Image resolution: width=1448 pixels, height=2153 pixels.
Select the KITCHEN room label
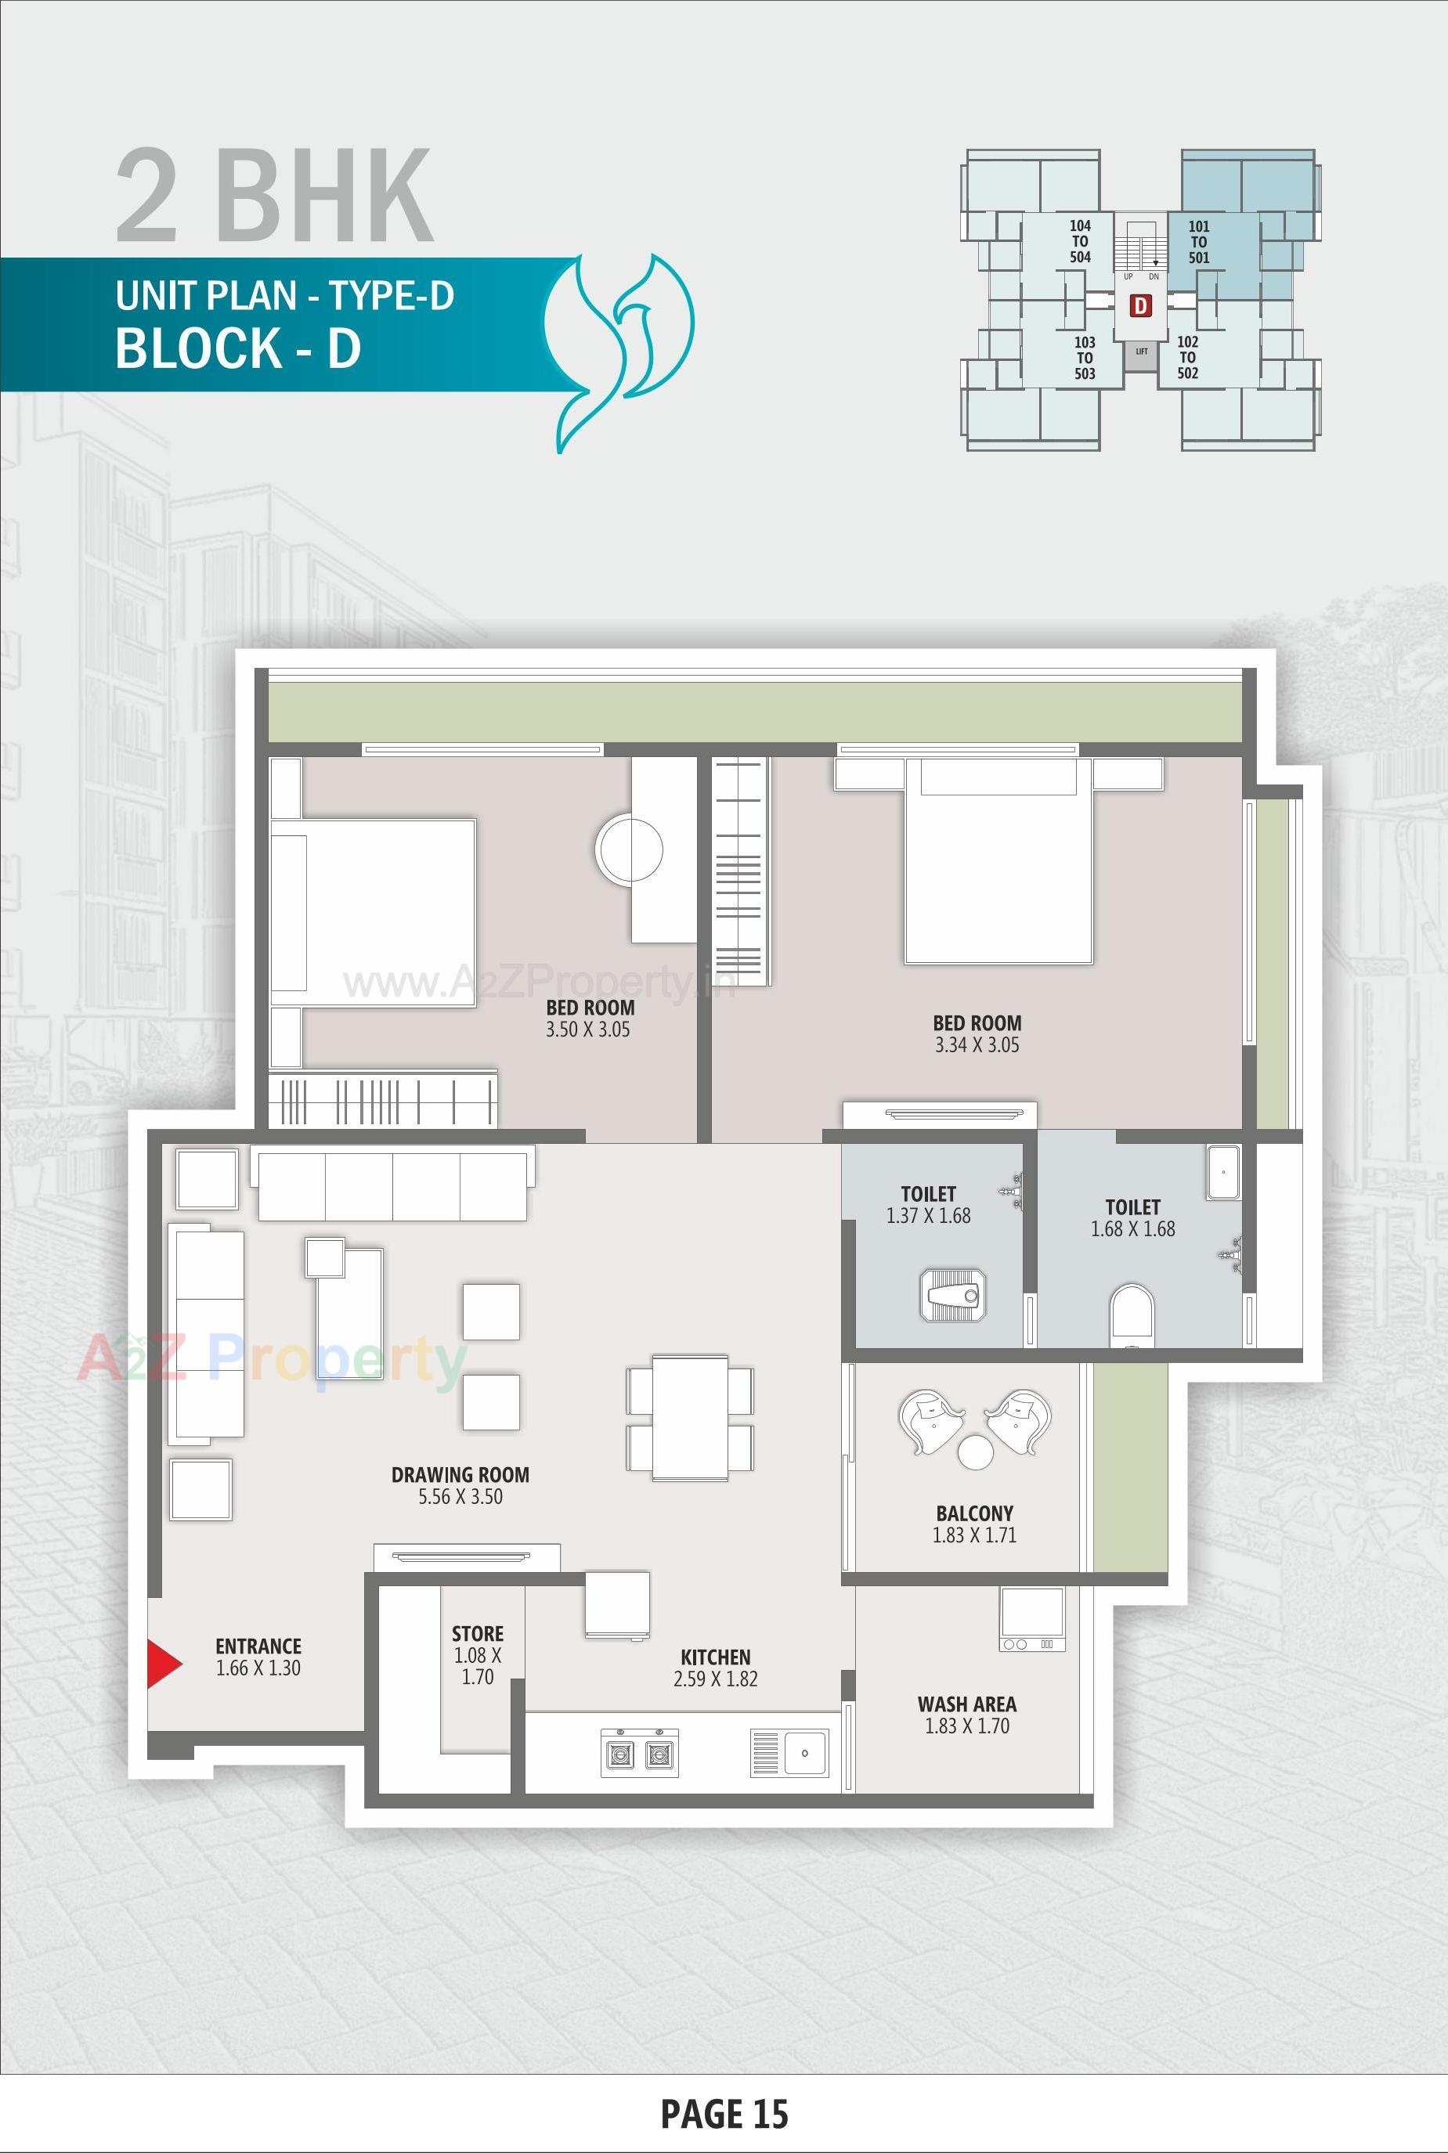coord(715,1657)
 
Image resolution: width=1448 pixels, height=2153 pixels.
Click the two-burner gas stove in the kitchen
coord(639,1752)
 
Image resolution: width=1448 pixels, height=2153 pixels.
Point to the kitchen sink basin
coord(804,1752)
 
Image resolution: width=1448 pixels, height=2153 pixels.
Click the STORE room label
coord(478,1632)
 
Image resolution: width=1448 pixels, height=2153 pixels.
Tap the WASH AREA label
coord(967,1704)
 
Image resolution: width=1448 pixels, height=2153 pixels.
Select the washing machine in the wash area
coord(1032,1618)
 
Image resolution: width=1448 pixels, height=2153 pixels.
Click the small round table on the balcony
coord(975,1452)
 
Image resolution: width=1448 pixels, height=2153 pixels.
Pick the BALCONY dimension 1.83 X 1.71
coord(974,1535)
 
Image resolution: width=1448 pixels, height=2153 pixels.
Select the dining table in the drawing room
coord(690,1417)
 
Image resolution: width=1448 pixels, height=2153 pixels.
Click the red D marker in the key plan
coord(1142,305)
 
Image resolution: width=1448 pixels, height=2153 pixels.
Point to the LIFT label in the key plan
coord(1142,351)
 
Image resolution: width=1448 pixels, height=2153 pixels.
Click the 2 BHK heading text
coord(274,196)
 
